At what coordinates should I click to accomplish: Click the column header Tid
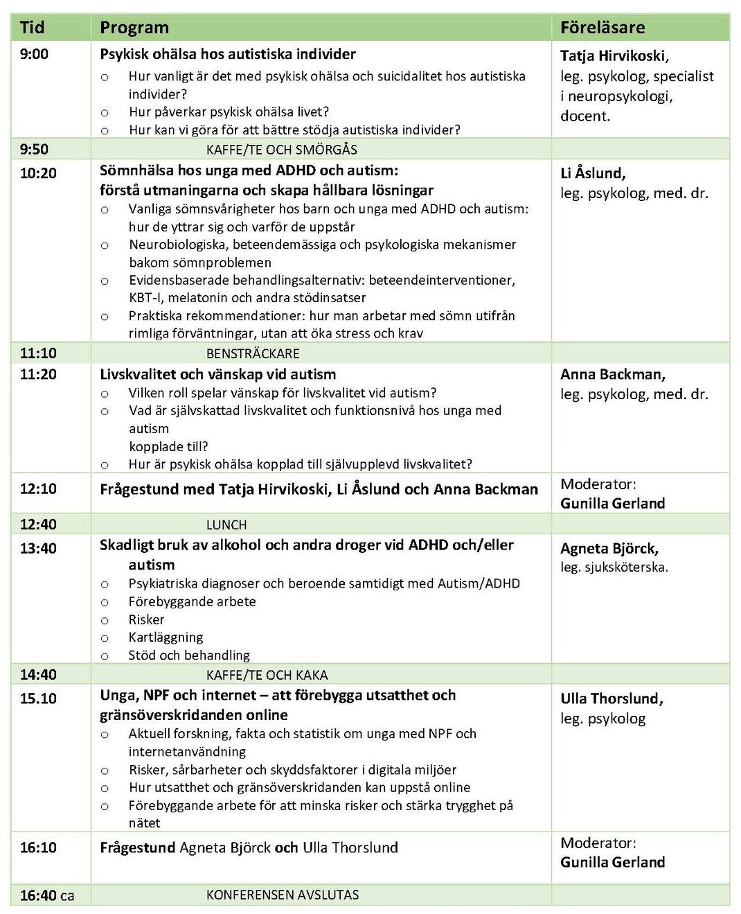[32, 28]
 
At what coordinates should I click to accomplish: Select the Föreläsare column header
[602, 28]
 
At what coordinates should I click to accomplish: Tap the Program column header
[134, 28]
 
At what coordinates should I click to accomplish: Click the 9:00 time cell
[34, 54]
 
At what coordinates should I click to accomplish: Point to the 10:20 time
[38, 173]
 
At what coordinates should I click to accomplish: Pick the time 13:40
[38, 548]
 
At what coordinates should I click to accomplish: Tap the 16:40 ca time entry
[46, 895]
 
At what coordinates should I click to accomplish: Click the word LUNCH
[226, 525]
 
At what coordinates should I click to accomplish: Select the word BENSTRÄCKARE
[253, 353]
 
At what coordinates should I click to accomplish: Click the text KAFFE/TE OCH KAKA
[267, 675]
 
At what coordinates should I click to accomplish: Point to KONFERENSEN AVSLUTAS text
[283, 895]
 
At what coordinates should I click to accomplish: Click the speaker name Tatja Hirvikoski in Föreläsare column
[614, 56]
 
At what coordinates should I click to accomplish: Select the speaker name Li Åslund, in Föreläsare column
[593, 173]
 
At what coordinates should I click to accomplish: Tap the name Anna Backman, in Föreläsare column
[612, 374]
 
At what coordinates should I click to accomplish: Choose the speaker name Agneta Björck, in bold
[609, 548]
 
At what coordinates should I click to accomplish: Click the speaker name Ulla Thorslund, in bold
[611, 698]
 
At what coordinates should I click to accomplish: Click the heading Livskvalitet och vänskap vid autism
[217, 374]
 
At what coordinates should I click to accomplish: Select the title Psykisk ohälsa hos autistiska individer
[227, 54]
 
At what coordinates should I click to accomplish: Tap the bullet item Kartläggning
[166, 638]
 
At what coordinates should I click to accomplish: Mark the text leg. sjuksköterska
[614, 567]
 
